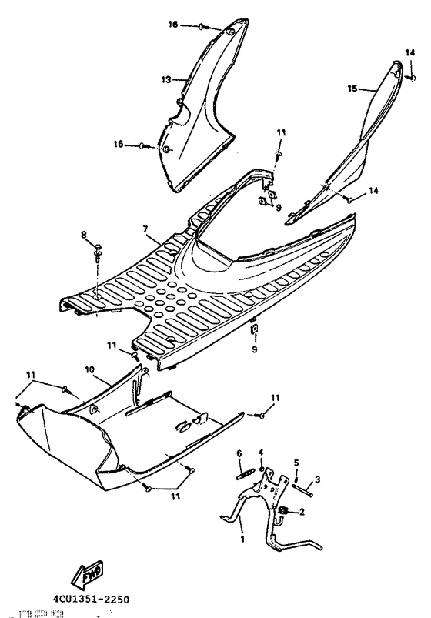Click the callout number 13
[165, 79]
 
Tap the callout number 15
[352, 89]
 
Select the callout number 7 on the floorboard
[144, 229]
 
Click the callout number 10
[89, 370]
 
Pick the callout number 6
[240, 453]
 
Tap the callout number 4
[262, 451]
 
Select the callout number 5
[296, 463]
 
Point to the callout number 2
[302, 510]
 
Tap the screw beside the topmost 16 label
[202, 27]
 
